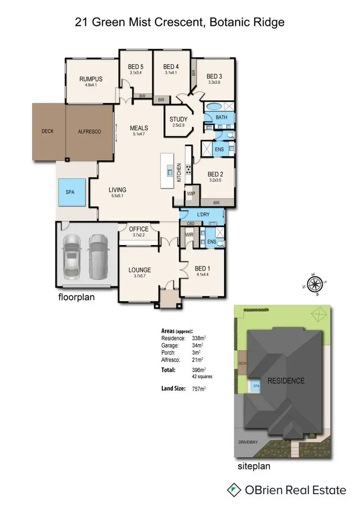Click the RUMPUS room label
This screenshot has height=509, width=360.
click(91, 80)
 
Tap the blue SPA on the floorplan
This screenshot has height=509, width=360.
click(71, 191)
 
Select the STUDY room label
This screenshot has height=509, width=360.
click(179, 119)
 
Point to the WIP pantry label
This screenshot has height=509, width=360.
click(191, 193)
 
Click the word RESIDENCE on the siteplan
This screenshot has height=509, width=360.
click(286, 381)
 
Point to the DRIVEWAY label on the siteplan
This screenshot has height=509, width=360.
click(248, 442)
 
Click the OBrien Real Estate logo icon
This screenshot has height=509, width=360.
click(234, 490)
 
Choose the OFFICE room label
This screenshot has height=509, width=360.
click(139, 229)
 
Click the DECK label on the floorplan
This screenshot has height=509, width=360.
click(48, 131)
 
